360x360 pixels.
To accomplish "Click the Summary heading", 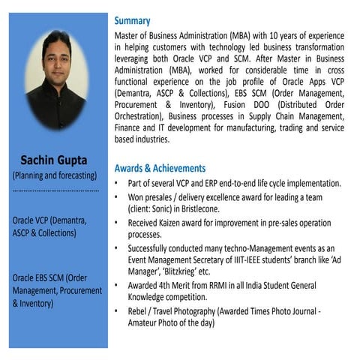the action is click(132, 21).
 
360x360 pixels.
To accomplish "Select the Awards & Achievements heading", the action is click(160, 168).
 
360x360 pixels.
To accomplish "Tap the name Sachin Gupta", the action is click(54, 160).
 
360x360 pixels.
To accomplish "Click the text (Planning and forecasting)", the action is click(54, 175).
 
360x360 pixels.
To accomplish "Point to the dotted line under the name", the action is click(54, 190).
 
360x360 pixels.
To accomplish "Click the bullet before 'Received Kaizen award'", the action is click(116, 223).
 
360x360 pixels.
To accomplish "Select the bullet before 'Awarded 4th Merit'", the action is click(116, 286).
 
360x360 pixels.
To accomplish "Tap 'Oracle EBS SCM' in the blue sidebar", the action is click(43, 277).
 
